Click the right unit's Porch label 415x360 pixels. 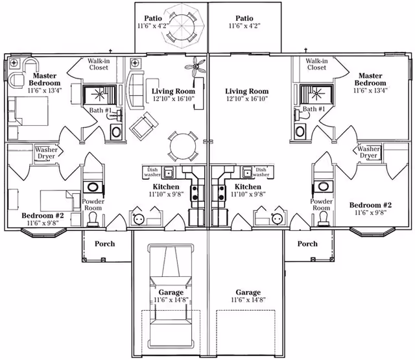click(x=307, y=244)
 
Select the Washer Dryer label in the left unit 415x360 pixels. click(x=45, y=152)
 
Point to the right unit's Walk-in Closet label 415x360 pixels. click(x=316, y=64)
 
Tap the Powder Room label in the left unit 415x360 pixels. click(x=93, y=205)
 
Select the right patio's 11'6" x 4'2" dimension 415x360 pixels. click(x=244, y=27)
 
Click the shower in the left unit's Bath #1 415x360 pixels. click(x=99, y=95)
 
